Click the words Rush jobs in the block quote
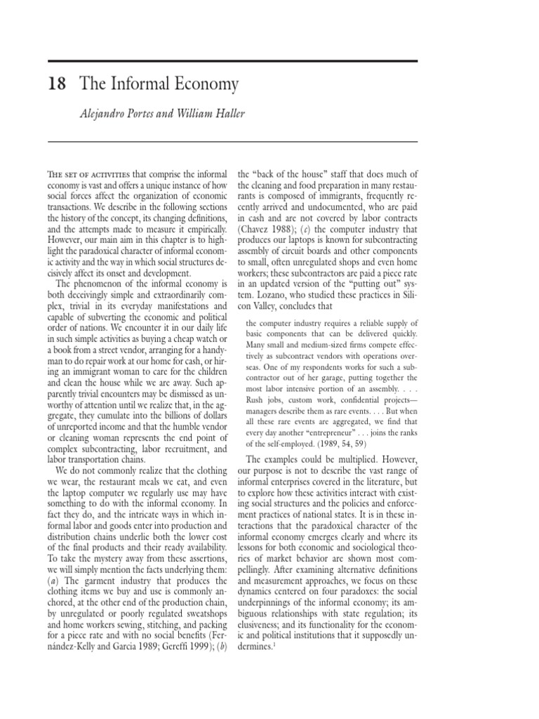(264, 409)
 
